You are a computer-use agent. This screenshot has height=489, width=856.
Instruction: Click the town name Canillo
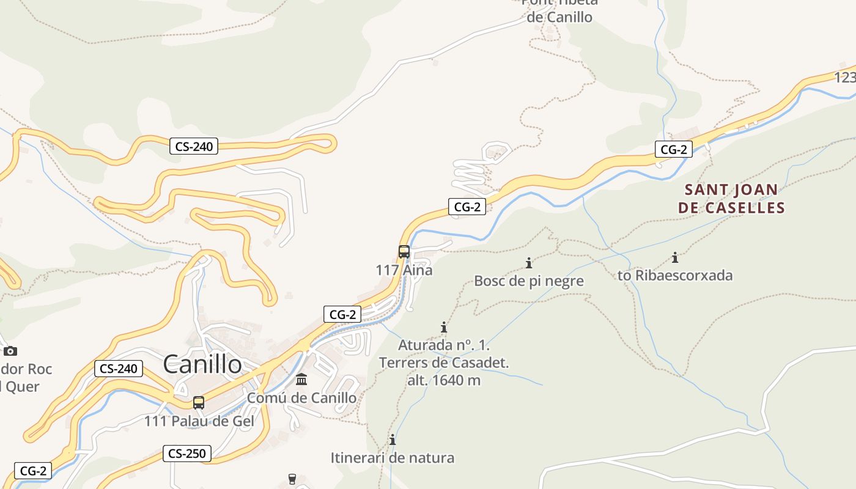(202, 364)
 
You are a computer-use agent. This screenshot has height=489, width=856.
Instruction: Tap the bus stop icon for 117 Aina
(404, 251)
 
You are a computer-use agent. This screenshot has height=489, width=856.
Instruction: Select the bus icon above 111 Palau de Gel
(199, 403)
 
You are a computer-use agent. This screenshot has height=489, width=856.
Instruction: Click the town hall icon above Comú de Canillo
(301, 380)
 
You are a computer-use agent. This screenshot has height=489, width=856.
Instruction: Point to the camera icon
(10, 351)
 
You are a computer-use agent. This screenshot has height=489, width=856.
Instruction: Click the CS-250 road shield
(187, 454)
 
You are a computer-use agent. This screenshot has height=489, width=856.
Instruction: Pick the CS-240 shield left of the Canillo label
(119, 369)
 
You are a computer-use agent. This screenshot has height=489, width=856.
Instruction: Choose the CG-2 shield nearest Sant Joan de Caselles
(674, 149)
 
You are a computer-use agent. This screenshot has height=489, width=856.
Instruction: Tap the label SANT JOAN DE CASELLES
(731, 199)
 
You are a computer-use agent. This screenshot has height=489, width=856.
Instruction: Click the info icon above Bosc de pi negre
(529, 263)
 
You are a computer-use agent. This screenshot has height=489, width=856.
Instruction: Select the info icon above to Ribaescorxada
(675, 257)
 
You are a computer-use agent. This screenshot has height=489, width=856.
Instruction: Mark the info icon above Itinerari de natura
(393, 439)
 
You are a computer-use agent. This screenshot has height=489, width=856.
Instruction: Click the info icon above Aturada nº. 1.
(444, 327)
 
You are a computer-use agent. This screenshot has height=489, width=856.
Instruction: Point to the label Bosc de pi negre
(529, 281)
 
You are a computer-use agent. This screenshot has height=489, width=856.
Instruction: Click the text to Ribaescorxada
(675, 275)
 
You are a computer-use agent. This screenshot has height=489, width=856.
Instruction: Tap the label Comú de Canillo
(301, 398)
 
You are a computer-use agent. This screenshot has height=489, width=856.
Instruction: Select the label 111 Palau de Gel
(199, 421)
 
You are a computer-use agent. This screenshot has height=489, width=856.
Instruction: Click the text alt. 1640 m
(444, 380)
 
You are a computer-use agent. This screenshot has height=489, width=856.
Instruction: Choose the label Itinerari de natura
(393, 457)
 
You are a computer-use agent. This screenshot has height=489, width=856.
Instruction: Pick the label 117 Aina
(404, 270)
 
